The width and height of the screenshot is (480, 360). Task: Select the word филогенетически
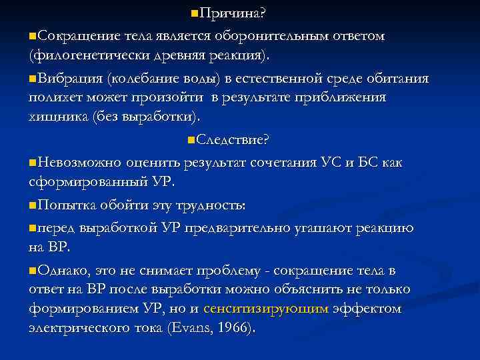(x=83, y=53)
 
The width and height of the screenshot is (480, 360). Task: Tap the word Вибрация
(x=69, y=79)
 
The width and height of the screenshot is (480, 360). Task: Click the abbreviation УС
(x=330, y=162)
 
